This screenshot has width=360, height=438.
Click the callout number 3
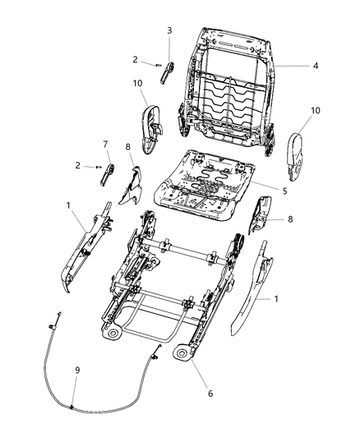169,30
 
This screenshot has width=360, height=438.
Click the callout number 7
105,145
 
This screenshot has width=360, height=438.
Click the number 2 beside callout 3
135,59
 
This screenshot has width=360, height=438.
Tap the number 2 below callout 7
77,165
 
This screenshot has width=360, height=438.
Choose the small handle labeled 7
107,170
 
